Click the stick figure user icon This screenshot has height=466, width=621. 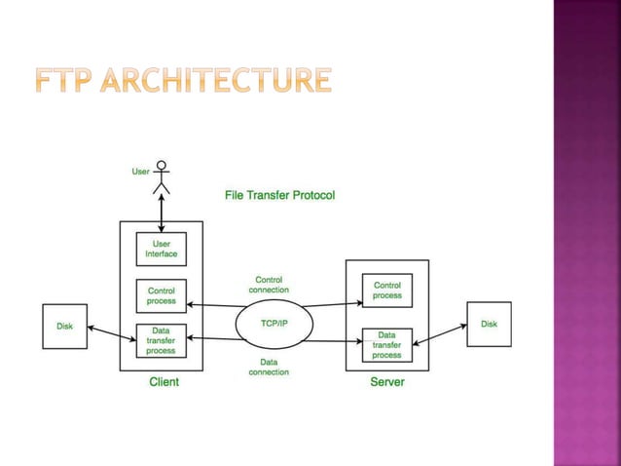[162, 176]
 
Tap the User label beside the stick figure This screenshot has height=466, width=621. [141, 172]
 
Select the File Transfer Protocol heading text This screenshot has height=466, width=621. [279, 195]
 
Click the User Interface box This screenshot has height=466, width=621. [161, 249]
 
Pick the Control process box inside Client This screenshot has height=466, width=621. [161, 294]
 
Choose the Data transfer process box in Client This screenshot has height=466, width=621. [161, 340]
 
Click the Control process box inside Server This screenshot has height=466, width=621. [386, 290]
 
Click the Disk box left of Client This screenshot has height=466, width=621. [63, 327]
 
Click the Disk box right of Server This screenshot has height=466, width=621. [489, 324]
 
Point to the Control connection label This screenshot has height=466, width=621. [269, 285]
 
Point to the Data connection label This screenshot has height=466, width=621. [269, 367]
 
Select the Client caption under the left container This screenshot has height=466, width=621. [163, 382]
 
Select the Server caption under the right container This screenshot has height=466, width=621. [386, 382]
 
